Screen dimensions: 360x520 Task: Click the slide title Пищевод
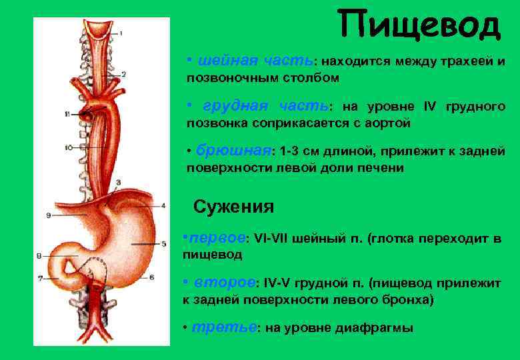[418, 25]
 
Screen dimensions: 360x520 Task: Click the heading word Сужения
[233, 207]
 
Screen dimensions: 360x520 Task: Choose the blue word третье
[223, 328]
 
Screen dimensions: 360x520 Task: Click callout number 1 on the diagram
[121, 32]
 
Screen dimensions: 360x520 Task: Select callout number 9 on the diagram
[49, 215]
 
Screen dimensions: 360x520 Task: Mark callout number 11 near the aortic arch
[67, 115]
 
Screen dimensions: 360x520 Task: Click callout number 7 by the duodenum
[40, 277]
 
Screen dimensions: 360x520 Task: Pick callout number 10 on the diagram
[69, 147]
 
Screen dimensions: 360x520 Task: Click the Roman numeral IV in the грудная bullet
[429, 107]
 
